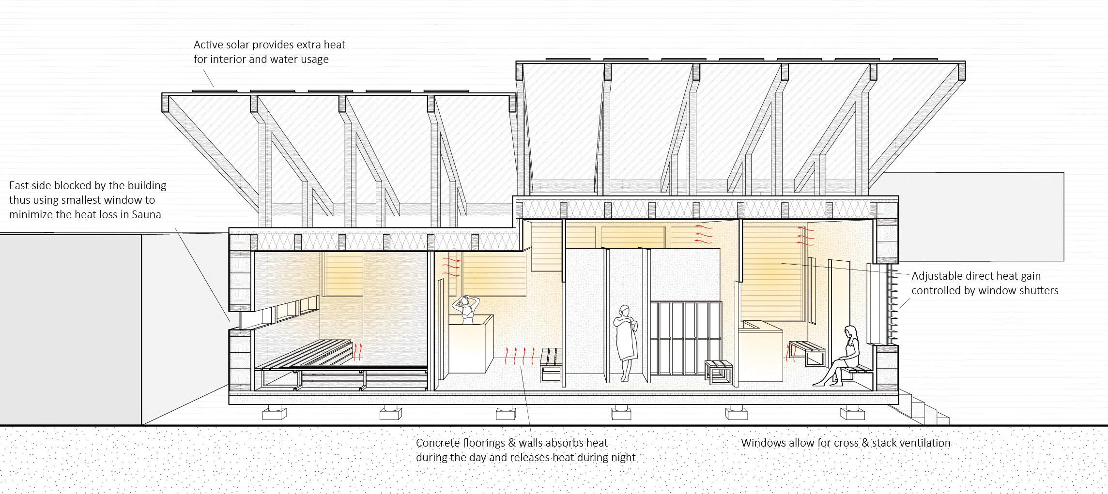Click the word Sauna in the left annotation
point(146,214)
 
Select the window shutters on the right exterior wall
point(890,305)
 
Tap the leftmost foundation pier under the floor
point(274,414)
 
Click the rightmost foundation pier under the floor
point(852,414)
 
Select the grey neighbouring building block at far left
point(70,329)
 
